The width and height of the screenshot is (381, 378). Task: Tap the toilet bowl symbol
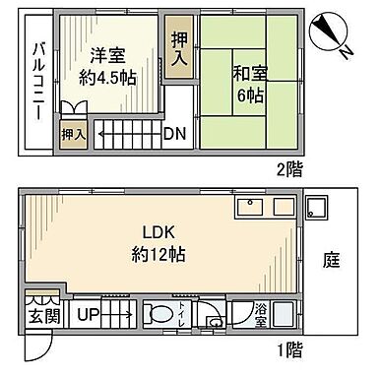159,315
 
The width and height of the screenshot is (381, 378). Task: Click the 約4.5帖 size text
107,80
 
